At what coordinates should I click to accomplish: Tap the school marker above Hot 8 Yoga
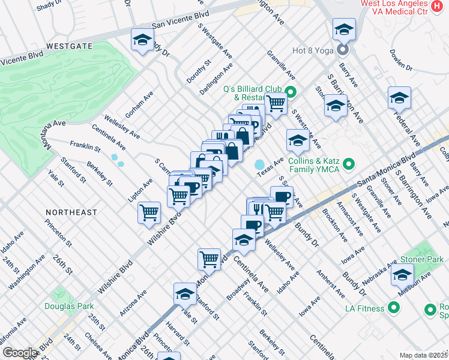click(x=344, y=29)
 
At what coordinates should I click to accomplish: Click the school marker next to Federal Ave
click(x=399, y=98)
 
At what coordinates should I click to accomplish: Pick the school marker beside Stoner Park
click(x=402, y=275)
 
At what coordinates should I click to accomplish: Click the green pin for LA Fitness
click(x=394, y=308)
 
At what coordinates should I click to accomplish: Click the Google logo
click(x=20, y=353)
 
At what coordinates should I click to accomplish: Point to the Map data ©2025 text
click(x=423, y=355)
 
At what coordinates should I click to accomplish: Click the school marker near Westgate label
click(x=142, y=40)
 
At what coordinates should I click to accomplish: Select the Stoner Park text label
click(x=423, y=260)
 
